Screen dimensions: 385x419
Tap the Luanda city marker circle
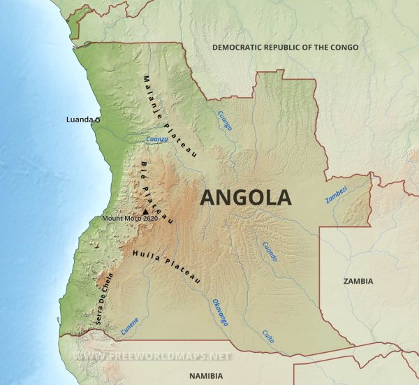(97, 120)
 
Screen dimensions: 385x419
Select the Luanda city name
(79, 119)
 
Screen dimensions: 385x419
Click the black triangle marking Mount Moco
(145, 212)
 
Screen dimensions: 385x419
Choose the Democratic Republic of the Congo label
(285, 48)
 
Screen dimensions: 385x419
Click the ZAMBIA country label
(358, 281)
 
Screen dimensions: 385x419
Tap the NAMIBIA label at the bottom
(210, 375)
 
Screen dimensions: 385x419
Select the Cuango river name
(225, 121)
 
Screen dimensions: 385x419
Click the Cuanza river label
(157, 140)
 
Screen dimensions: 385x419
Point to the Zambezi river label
(335, 195)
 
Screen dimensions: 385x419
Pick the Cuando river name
(269, 252)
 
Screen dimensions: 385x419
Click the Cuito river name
(267, 335)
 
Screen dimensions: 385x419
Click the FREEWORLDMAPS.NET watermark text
(152, 356)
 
